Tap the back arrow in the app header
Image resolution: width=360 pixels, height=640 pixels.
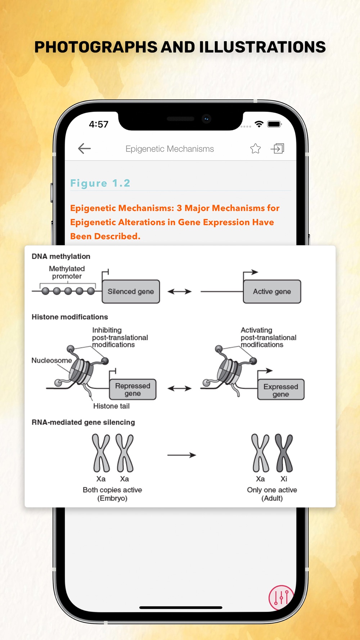(x=84, y=148)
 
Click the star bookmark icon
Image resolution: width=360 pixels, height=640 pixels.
(x=255, y=148)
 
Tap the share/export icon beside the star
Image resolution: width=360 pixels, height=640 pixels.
(x=278, y=148)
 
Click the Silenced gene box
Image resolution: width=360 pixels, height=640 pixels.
(x=131, y=292)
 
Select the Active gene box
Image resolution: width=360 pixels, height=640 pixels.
(x=272, y=292)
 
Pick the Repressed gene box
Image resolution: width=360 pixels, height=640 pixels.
(x=132, y=389)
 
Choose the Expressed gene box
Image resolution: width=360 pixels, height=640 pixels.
(x=281, y=390)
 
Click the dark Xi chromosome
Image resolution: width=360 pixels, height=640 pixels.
(x=284, y=453)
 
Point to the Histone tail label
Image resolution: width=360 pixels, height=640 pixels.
(x=111, y=406)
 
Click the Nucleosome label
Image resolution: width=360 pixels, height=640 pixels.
(x=51, y=360)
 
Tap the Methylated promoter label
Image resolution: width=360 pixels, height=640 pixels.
(x=67, y=272)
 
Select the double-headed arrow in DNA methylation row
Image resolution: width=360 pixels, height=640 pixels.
(x=179, y=292)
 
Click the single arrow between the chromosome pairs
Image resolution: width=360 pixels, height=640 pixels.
(x=181, y=455)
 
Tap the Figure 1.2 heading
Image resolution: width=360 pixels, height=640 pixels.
(x=100, y=183)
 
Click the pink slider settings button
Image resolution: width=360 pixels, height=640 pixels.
(x=281, y=598)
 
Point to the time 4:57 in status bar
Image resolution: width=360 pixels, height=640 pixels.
(x=99, y=124)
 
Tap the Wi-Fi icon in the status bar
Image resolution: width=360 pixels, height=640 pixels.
(x=259, y=124)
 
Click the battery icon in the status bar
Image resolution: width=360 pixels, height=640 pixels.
(x=274, y=124)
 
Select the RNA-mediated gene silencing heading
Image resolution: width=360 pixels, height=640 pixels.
(x=83, y=422)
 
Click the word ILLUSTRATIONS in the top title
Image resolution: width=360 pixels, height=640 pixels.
(x=262, y=47)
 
